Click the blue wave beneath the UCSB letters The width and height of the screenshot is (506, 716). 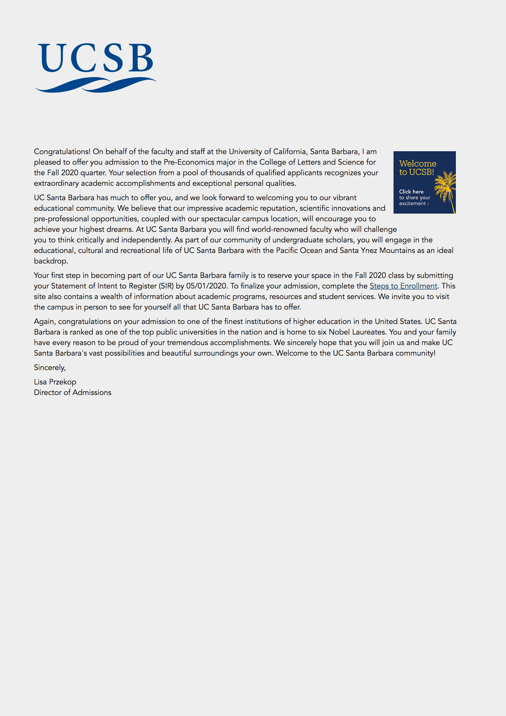95,85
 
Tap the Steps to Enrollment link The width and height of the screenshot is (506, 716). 403,286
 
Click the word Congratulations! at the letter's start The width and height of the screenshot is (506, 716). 62,152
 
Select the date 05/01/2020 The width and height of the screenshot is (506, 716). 206,286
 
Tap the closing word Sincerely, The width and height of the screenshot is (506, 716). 50,368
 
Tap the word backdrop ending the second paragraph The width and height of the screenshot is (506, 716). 51,261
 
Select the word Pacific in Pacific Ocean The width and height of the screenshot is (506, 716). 287,250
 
